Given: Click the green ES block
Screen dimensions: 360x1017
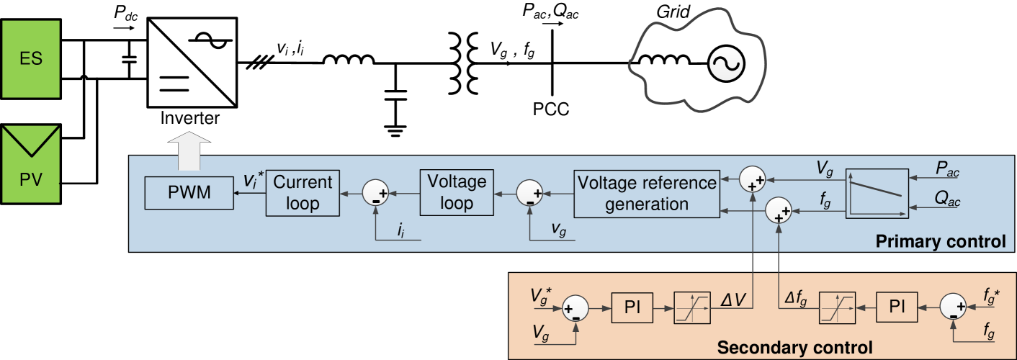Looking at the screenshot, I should click(30, 59).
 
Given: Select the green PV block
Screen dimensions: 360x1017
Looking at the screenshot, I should click(30, 166).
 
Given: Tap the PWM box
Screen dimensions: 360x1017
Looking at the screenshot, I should click(189, 194).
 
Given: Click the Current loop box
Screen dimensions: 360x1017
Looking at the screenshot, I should click(302, 192).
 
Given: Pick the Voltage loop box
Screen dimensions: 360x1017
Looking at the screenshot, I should click(457, 192).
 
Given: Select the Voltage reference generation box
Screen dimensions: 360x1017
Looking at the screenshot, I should click(647, 193).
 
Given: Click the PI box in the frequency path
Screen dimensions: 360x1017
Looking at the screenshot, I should click(897, 307).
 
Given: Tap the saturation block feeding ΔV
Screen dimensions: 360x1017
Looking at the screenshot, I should click(693, 308).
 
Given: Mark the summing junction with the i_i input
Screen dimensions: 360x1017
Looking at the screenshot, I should click(375, 193).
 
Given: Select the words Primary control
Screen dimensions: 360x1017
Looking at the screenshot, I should click(940, 241).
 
